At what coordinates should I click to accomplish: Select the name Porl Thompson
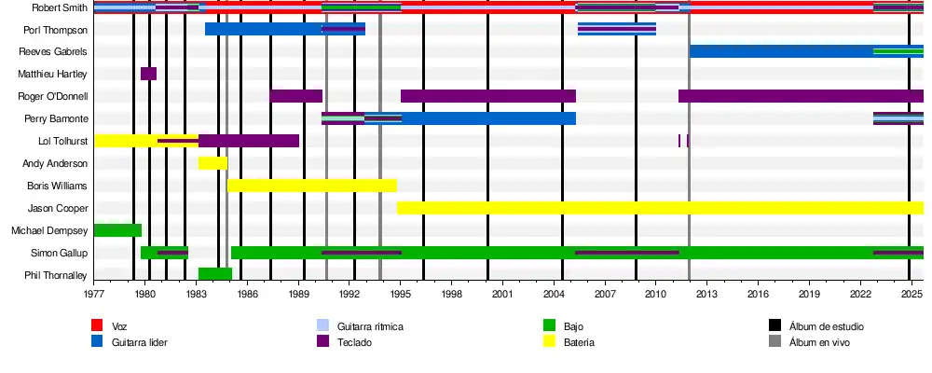point(56,30)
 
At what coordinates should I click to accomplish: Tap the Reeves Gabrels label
point(53,52)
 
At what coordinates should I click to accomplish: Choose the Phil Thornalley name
point(56,275)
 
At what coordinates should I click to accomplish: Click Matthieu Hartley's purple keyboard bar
point(148,74)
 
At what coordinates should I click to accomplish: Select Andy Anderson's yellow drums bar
point(212,163)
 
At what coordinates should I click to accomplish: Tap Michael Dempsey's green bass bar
point(117,230)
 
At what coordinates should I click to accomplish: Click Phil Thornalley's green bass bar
point(215,274)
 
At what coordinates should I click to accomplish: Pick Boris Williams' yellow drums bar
point(312,186)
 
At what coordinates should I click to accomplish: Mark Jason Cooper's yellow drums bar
point(660,208)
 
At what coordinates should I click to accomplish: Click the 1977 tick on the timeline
point(94,294)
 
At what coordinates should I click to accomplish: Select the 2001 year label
point(502,294)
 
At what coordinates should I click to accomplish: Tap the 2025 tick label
point(910,294)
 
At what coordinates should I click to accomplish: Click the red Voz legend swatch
point(96,325)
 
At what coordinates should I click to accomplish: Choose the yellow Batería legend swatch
point(549,342)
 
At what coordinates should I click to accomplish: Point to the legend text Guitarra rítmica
point(369,326)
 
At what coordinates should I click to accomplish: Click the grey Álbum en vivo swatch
point(774,342)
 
